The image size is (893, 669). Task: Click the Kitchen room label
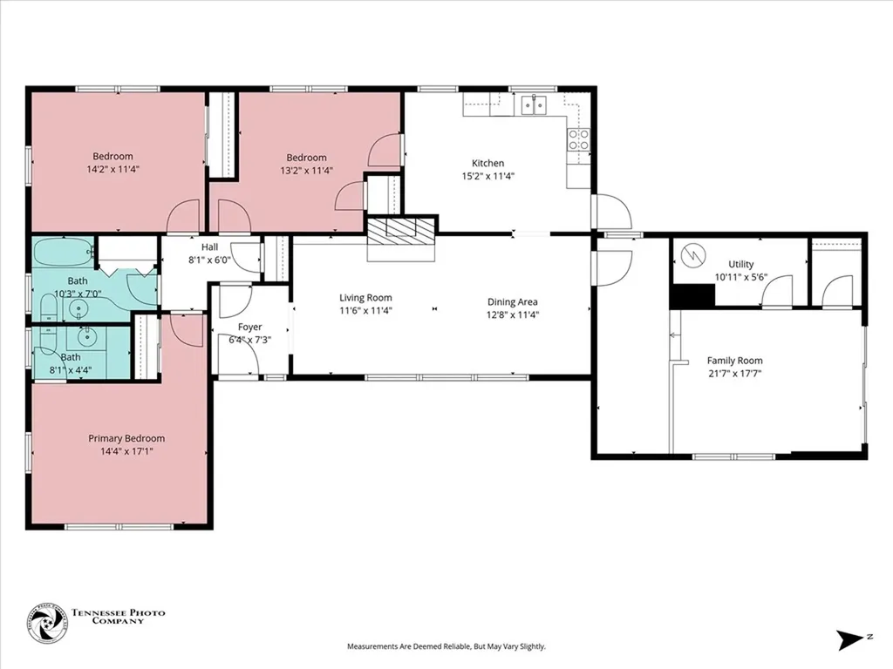click(x=488, y=163)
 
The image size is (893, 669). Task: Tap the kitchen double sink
click(x=535, y=105)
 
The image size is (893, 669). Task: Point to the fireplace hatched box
click(x=401, y=232)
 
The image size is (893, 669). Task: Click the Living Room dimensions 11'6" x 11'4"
click(x=365, y=311)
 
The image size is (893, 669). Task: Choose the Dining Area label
click(x=513, y=302)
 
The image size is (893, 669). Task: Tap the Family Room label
click(x=734, y=361)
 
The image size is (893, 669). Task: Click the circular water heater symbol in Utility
click(x=693, y=254)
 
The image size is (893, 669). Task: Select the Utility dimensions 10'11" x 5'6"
click(x=741, y=278)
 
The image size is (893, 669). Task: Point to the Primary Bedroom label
click(x=126, y=439)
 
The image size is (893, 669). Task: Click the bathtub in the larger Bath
click(x=63, y=252)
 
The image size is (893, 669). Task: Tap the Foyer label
click(x=250, y=328)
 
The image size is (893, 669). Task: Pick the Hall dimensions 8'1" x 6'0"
click(x=209, y=260)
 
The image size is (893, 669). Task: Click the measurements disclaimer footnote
click(x=446, y=646)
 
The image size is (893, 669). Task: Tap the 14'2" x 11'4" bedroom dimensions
click(x=112, y=170)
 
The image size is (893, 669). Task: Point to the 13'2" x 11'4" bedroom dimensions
click(x=306, y=171)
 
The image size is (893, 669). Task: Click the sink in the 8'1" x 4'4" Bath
click(x=86, y=337)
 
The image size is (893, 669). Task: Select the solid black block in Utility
click(x=692, y=296)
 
